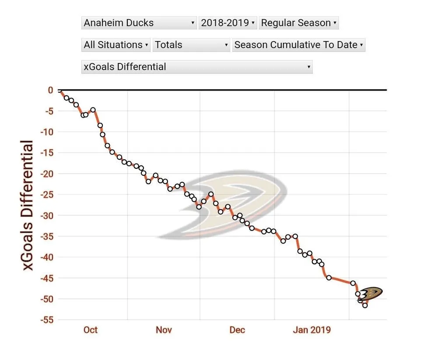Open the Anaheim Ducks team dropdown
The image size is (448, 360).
point(139,23)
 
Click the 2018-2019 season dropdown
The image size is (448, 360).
point(227,23)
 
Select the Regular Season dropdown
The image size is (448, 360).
point(299,23)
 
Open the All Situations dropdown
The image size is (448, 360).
point(116,45)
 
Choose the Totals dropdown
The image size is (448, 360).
point(191,45)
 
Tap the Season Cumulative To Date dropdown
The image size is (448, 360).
point(299,45)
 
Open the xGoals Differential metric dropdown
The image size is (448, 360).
point(197,67)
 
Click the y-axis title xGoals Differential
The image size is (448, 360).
point(28,205)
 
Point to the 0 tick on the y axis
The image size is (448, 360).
point(50,90)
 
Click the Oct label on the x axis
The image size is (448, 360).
point(91,330)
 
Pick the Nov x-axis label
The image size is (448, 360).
point(164,330)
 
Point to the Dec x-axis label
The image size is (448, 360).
point(237,330)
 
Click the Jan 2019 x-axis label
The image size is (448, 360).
point(312,330)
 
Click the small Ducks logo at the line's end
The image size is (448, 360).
point(371,294)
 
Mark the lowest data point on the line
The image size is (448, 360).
point(365,305)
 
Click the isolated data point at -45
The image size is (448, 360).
point(329,278)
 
